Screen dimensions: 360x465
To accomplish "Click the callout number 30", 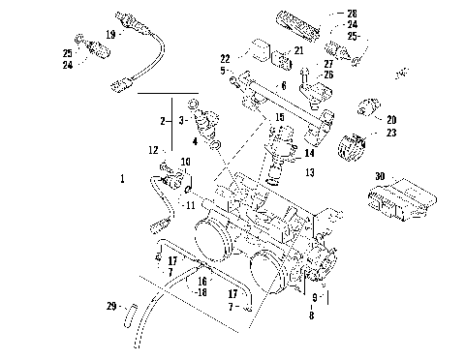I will coord(381,177).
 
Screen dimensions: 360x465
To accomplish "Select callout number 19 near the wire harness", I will coord(110,35).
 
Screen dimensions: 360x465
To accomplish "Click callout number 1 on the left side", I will coord(122,179).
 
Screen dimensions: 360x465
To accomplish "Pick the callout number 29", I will coord(110,307).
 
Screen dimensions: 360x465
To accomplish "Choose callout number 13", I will coord(310,172).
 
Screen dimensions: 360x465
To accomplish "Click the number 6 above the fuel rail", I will coord(284,86).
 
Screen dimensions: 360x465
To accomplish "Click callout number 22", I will coord(225,59).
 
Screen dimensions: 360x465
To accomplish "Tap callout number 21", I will coord(299,50).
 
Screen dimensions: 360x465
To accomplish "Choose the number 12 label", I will coord(153,150).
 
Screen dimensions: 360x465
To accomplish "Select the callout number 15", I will coord(279,117).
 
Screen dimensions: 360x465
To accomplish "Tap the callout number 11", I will coord(191,205).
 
